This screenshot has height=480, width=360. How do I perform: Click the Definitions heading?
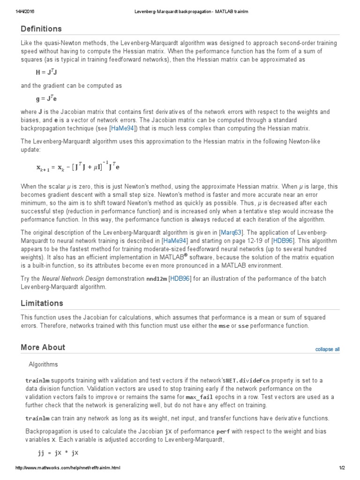click(41, 29)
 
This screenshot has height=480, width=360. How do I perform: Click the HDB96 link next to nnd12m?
click(180, 278)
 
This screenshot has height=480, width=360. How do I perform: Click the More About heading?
click(43, 347)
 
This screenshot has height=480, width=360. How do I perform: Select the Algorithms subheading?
click(43, 364)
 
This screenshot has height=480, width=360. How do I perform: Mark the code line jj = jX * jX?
click(58, 453)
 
